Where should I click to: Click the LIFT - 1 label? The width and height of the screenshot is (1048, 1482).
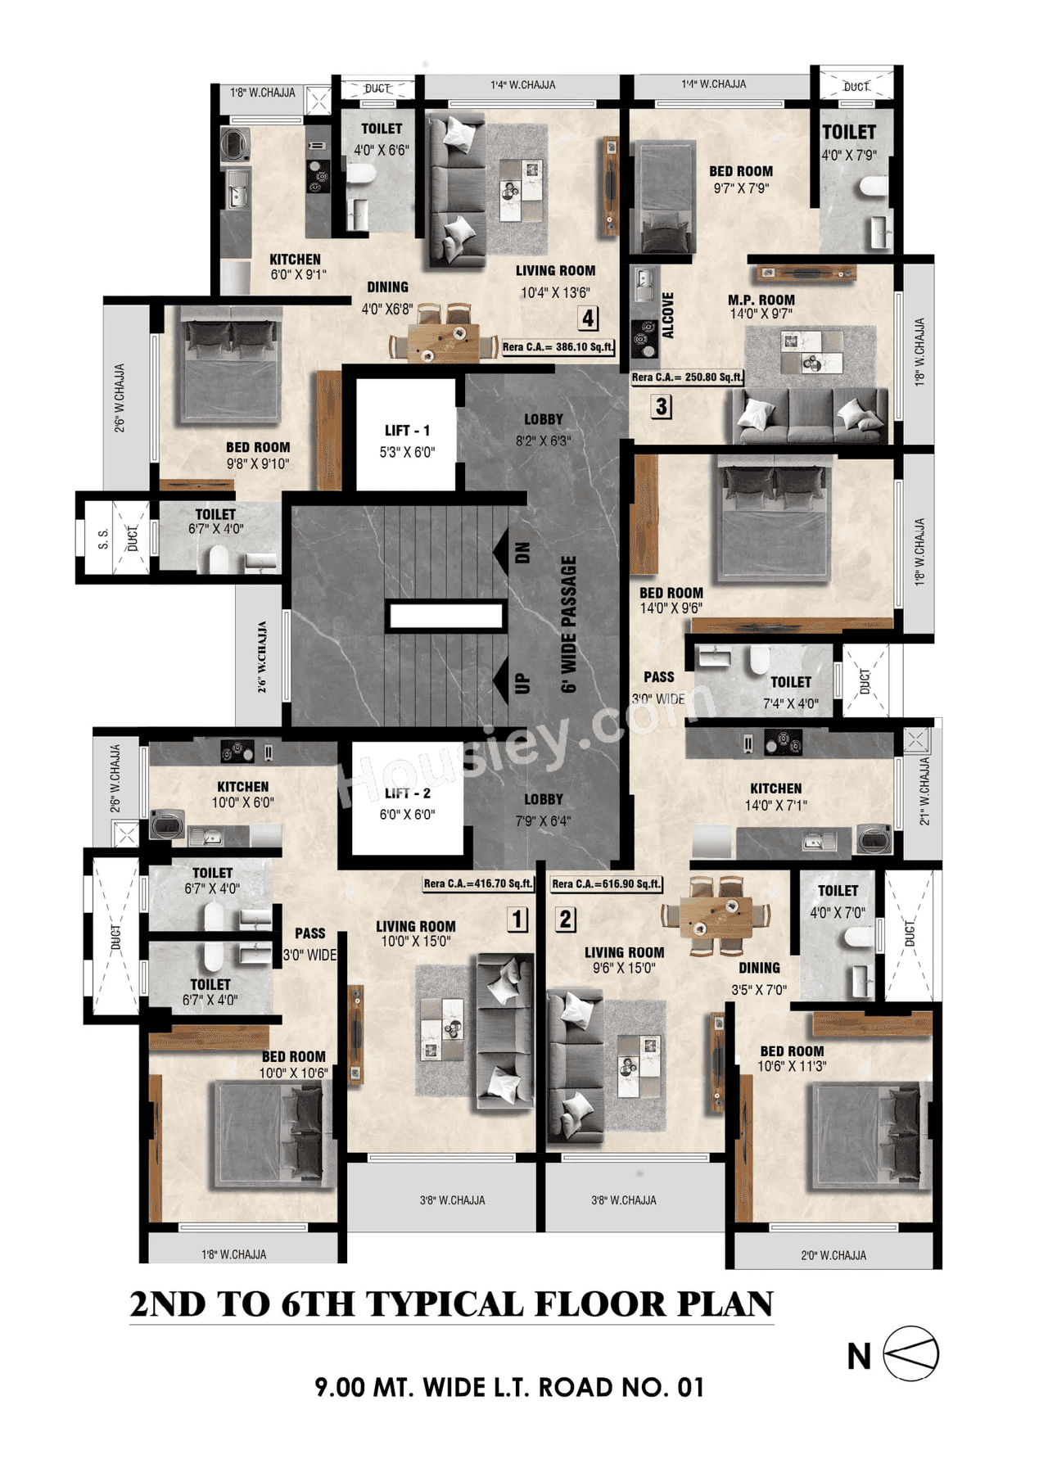coord(407,431)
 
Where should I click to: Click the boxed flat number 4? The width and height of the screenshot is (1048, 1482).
coord(588,318)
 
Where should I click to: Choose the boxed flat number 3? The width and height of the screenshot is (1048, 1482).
coord(661,406)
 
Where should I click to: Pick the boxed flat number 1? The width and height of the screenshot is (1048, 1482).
coord(517,919)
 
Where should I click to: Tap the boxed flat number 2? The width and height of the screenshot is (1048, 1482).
coord(565,919)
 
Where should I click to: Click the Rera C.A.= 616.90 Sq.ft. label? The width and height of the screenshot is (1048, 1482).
coord(606,884)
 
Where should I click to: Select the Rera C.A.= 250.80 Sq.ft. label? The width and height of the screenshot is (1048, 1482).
coord(687,377)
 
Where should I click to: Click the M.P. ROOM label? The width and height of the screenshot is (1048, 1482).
coord(761,300)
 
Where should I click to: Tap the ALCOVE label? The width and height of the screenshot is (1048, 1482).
coord(668,316)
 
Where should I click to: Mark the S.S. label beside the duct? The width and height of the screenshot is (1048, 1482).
coord(103,538)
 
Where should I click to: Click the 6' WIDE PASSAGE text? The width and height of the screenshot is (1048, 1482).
coord(569,624)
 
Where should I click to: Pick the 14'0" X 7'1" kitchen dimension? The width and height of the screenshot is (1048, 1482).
coord(775,806)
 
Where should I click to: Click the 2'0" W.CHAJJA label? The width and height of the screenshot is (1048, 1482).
coord(833,1255)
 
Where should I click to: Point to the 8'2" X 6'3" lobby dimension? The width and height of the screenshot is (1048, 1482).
coord(543,441)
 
